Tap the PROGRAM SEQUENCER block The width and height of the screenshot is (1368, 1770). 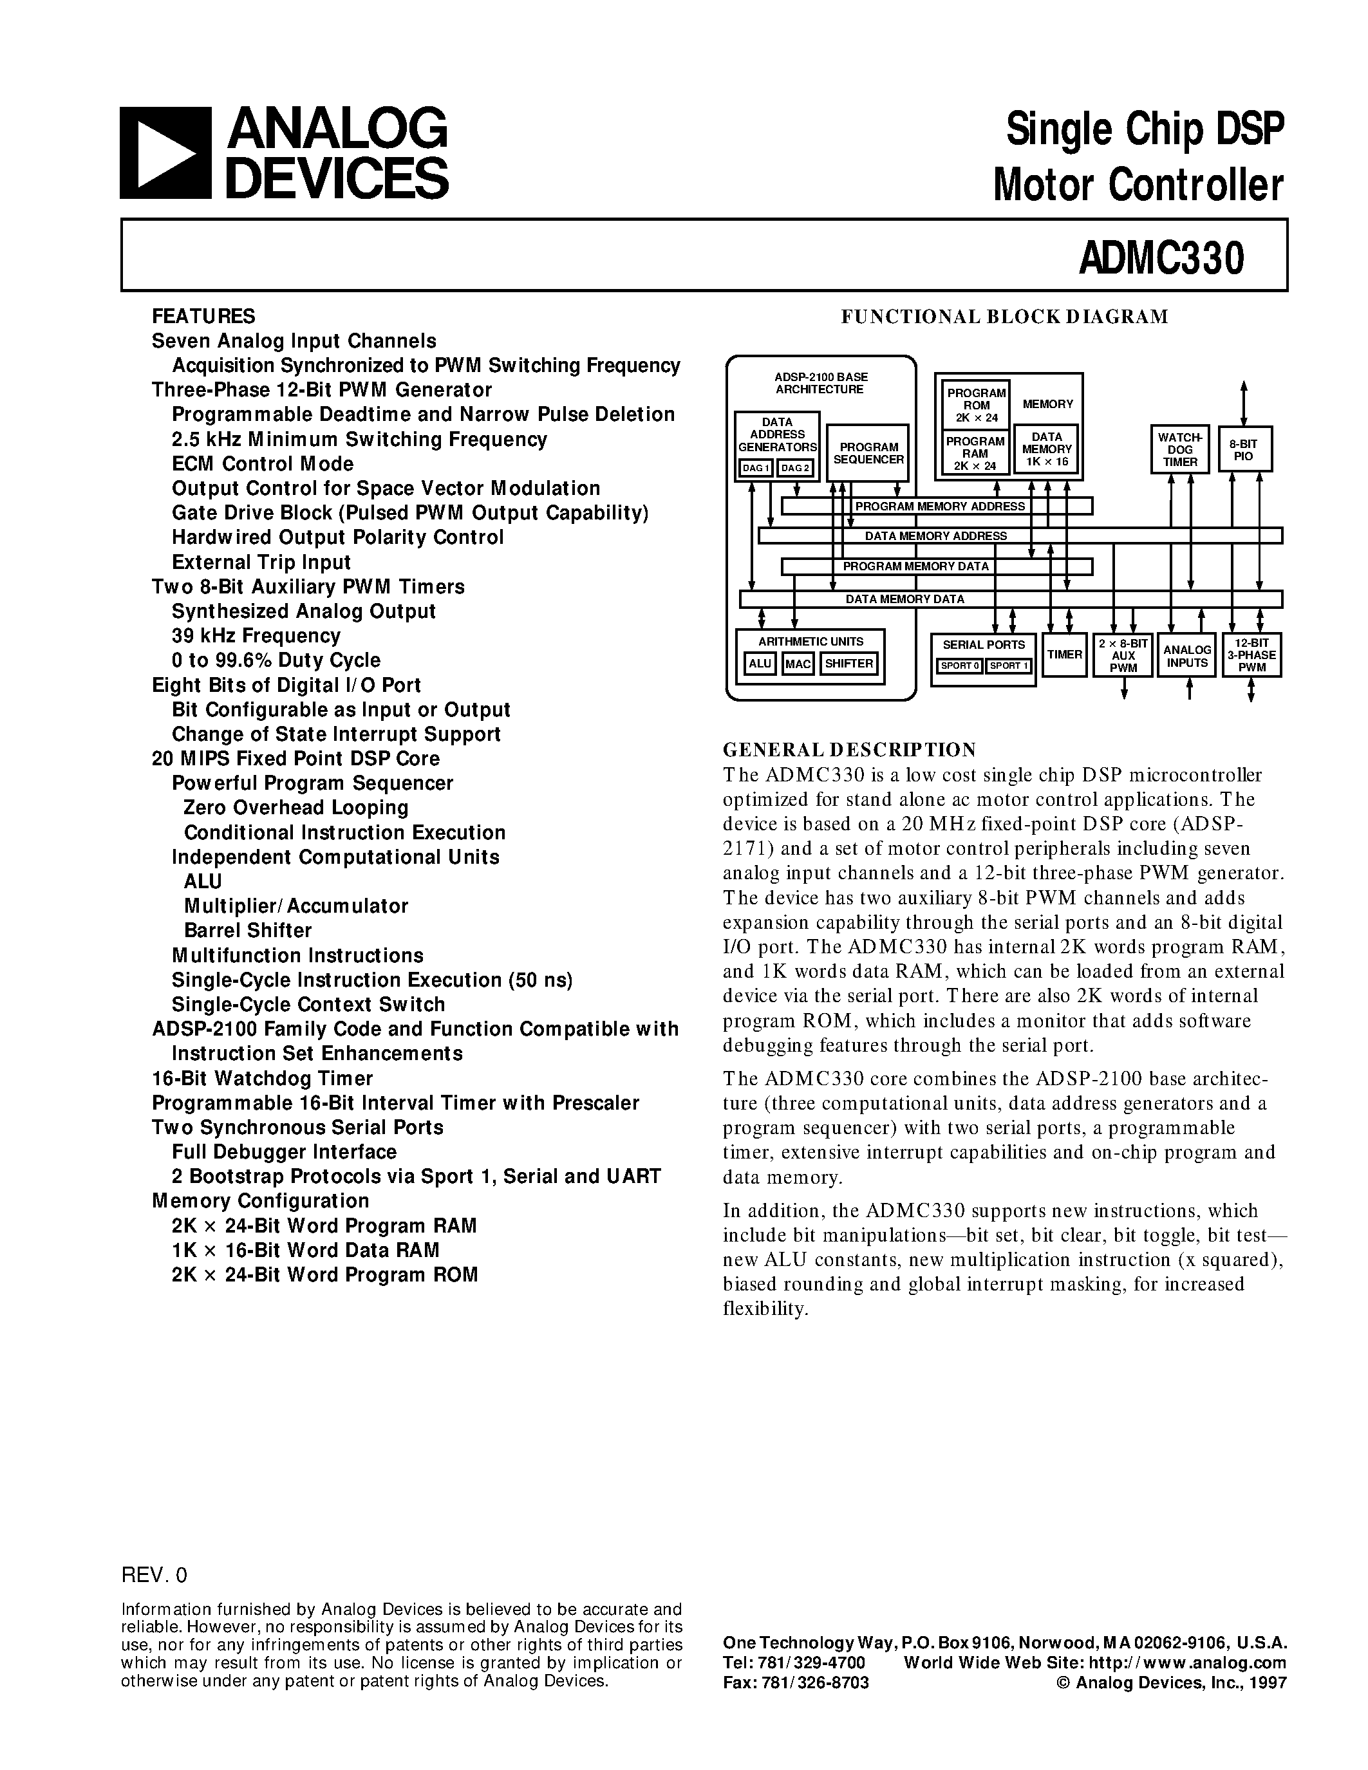click(868, 453)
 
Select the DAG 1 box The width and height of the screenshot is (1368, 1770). click(754, 469)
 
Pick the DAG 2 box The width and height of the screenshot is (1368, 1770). click(795, 469)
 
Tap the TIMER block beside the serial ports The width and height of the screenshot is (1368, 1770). click(1063, 654)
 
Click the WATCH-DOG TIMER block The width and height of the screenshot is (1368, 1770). click(1180, 449)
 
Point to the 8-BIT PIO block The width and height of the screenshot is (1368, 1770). click(1243, 450)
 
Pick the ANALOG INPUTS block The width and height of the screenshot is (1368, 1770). click(1186, 655)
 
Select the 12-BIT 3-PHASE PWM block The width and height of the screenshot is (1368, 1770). click(1251, 655)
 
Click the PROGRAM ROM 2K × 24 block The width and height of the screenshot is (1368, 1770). click(976, 404)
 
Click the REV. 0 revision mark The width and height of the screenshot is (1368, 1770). click(154, 1575)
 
